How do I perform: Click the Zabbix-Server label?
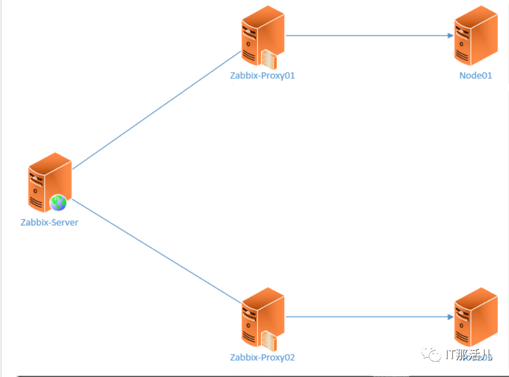tap(49, 222)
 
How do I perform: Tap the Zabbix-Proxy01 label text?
tap(262, 76)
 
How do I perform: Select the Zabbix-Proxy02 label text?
tap(262, 357)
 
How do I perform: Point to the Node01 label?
tap(475, 76)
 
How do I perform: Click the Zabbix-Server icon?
tap(49, 182)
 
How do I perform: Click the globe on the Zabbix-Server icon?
tap(58, 202)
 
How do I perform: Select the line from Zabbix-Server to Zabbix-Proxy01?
tap(157, 110)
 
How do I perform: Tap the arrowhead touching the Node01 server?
tap(450, 36)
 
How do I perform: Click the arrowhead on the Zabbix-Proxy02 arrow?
tap(450, 317)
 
